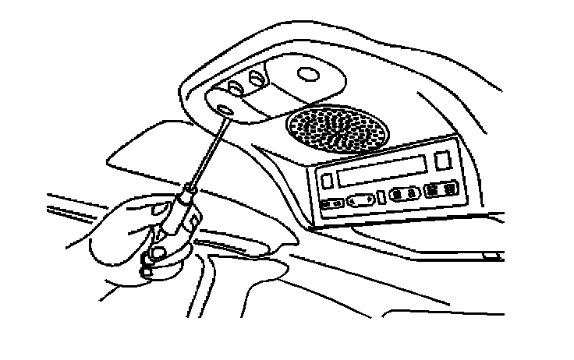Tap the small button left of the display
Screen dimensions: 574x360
tap(329, 180)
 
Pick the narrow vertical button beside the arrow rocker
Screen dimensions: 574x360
tap(381, 197)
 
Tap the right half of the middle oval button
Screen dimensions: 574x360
tap(410, 192)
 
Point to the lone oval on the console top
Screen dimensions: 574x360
tap(310, 76)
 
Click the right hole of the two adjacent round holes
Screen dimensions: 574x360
tap(255, 77)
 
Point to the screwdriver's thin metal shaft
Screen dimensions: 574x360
tap(205, 152)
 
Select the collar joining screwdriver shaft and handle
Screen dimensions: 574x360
tap(187, 189)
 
